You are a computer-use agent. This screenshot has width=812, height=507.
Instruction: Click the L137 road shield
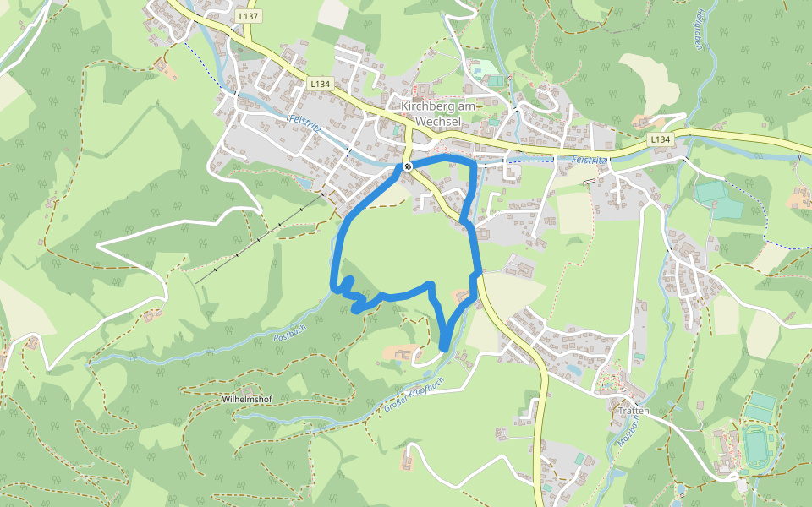[x=249, y=16]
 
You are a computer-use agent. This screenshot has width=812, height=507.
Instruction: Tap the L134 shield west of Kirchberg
[x=320, y=84]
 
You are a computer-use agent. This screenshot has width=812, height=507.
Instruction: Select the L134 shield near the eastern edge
[x=660, y=139]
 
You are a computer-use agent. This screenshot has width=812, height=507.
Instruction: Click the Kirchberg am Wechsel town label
[x=439, y=113]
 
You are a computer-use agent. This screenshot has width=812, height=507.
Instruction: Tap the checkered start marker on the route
[x=407, y=166]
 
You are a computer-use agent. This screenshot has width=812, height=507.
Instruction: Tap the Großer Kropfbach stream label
[x=414, y=395]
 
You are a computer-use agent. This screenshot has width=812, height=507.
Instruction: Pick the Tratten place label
[x=634, y=411]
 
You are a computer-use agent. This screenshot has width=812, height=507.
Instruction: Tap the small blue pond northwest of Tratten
[x=573, y=369]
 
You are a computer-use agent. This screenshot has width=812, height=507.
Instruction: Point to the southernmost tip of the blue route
[x=445, y=347]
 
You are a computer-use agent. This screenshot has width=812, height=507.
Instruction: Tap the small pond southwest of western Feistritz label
[x=303, y=181]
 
